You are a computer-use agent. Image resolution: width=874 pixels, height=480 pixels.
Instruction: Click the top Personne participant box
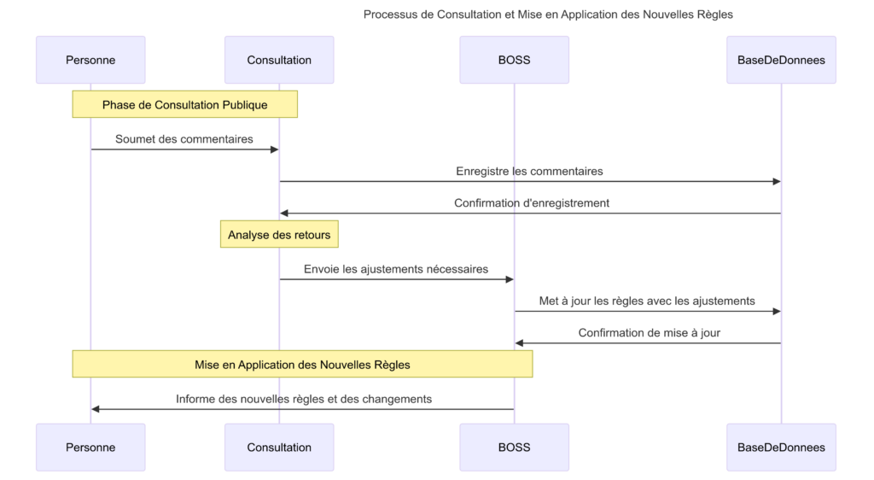[x=90, y=60]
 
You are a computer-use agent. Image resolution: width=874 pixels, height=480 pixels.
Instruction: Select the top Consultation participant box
[x=279, y=60]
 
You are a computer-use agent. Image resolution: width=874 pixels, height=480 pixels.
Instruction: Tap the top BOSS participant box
[x=514, y=60]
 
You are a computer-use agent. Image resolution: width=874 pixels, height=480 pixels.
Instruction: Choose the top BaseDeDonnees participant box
[x=781, y=60]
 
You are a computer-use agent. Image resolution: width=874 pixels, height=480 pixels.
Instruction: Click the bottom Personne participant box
[x=90, y=447]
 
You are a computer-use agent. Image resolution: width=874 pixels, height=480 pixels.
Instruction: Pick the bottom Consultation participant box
[x=279, y=447]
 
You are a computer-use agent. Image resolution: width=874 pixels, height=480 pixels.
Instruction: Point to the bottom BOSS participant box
[x=514, y=447]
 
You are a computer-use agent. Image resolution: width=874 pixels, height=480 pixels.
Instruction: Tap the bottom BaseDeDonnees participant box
[x=781, y=447]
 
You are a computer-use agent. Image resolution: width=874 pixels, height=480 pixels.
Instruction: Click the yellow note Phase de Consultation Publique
[x=184, y=104]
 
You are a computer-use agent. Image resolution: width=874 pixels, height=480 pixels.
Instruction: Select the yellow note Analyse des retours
[x=279, y=234]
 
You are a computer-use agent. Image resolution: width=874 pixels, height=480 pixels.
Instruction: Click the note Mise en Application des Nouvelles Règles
[x=302, y=364]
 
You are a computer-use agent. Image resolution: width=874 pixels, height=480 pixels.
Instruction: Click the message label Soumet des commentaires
[x=184, y=138]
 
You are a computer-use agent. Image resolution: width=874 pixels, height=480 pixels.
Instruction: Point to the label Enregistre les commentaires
[x=529, y=171]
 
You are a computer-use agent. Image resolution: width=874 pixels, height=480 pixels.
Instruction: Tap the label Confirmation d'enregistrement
[x=532, y=203]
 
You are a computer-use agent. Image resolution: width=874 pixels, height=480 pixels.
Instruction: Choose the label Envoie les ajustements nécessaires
[x=396, y=268]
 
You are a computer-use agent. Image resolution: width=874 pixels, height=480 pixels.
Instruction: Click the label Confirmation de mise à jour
[x=649, y=332]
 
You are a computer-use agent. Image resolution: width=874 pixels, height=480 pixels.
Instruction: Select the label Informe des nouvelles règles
[x=304, y=399]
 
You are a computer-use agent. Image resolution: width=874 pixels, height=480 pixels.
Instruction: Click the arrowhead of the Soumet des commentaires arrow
[x=275, y=149]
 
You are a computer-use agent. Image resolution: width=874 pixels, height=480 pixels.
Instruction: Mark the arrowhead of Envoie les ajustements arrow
[x=510, y=279]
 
